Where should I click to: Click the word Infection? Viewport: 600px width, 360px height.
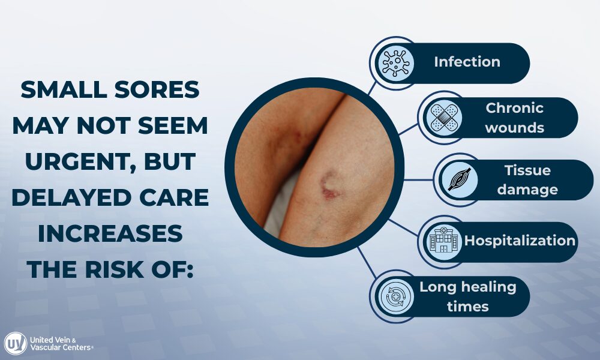tap(467, 62)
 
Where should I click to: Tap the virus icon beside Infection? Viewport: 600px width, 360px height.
tap(395, 62)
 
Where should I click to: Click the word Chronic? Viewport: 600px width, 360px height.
tap(514, 109)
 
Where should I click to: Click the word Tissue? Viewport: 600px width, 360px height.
tap(527, 170)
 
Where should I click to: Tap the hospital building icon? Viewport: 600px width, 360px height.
tap(445, 242)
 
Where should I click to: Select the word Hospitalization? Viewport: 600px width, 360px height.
tap(520, 241)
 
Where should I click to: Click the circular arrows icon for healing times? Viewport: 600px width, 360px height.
tap(395, 296)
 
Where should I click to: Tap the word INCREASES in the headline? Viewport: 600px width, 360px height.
tap(110, 233)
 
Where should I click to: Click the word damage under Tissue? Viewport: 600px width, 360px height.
tap(527, 190)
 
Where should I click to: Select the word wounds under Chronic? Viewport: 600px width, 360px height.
tap(514, 127)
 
